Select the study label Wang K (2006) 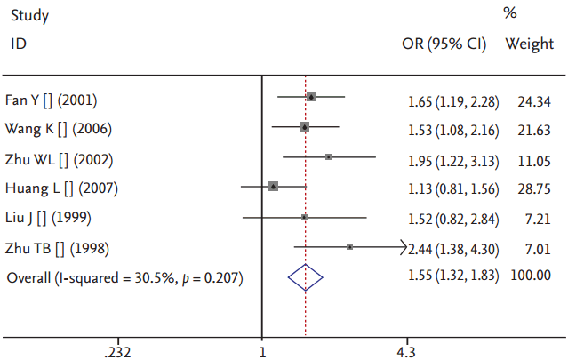(x=59, y=129)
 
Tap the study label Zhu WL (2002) (x=61, y=160)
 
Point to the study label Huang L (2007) (x=61, y=188)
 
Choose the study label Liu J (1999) (x=48, y=218)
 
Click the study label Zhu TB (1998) (x=60, y=248)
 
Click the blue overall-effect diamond (x=305, y=277)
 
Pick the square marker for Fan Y (x=311, y=96)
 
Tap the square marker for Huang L (x=274, y=186)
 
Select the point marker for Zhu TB (x=349, y=246)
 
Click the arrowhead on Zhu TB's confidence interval (x=404, y=246)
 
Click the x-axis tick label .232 (x=117, y=351)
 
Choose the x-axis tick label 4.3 (x=405, y=351)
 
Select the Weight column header (x=530, y=44)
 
